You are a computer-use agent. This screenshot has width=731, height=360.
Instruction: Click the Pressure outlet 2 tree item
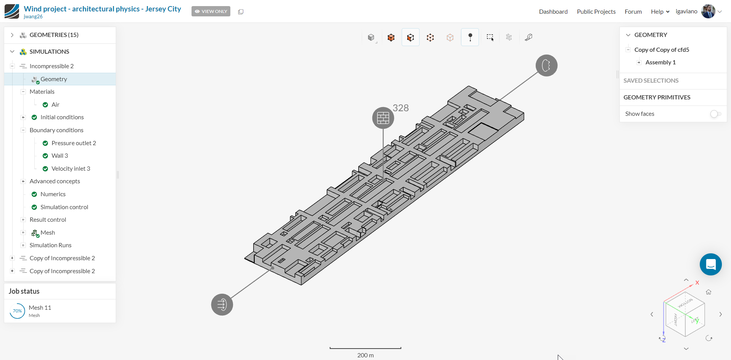click(73, 143)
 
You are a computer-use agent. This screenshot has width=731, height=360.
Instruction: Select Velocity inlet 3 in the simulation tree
click(71, 168)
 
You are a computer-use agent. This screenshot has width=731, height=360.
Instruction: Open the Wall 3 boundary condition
click(60, 155)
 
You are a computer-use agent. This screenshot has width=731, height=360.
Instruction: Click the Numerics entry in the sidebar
click(53, 194)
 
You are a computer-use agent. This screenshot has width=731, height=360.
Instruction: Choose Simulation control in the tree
click(64, 207)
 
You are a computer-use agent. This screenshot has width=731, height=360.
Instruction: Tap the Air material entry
click(56, 104)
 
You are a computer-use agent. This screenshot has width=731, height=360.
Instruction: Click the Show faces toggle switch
click(716, 114)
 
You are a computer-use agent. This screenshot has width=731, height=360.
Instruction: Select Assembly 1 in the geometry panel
click(661, 62)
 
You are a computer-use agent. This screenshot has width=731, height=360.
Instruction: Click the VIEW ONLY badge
click(211, 11)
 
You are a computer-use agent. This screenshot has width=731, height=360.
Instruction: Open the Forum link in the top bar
click(633, 11)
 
